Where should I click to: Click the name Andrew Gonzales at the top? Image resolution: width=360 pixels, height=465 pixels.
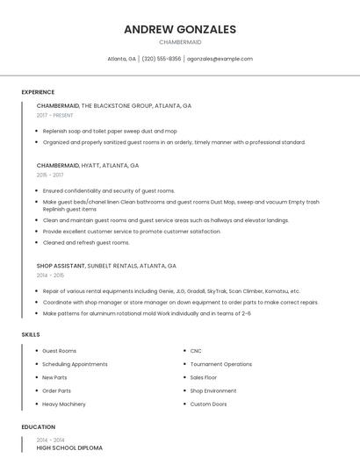[180, 30]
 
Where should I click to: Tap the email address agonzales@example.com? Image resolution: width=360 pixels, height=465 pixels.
[220, 59]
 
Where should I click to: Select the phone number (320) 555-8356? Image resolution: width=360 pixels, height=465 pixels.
[162, 59]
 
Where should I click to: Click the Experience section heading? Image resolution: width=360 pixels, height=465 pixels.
[38, 92]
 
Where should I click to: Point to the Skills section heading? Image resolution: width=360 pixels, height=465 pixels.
[31, 334]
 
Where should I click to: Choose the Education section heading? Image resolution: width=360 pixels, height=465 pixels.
[38, 427]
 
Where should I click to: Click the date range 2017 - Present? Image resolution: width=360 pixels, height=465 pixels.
[55, 115]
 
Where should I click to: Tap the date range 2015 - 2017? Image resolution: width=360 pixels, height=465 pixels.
[50, 175]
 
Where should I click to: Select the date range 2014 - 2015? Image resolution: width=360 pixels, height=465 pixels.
[50, 275]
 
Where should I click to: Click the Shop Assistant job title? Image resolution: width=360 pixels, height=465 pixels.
[61, 265]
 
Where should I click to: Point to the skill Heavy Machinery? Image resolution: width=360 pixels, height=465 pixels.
[64, 404]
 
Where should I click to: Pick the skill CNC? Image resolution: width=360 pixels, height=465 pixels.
[196, 351]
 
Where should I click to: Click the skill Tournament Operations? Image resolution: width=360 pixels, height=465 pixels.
[220, 364]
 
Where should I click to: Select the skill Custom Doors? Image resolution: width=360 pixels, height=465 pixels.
[208, 404]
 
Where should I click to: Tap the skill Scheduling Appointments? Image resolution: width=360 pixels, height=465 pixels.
[75, 364]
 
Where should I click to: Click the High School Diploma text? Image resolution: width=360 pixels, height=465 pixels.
[69, 447]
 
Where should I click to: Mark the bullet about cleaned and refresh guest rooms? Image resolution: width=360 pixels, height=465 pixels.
[86, 242]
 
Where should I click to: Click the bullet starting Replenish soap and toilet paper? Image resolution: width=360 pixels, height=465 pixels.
[110, 131]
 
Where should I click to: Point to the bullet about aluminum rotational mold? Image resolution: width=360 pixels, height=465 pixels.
[147, 313]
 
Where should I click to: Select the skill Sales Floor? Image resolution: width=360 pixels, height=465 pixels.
[204, 377]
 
